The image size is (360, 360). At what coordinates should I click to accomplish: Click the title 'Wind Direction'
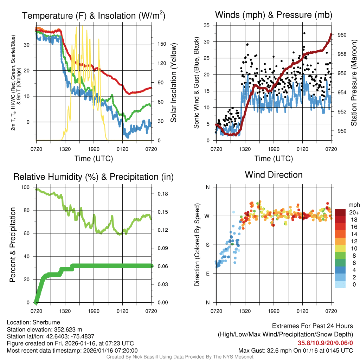[x=274, y=175]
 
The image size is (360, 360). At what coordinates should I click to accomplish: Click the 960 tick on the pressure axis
[x=342, y=35]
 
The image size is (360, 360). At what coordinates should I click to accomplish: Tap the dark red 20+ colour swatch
[x=340, y=212]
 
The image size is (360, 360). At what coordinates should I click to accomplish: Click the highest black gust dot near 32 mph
[x=304, y=33]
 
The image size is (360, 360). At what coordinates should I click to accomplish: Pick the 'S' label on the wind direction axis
[x=207, y=245]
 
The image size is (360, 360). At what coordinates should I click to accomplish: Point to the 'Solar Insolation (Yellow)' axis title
[x=173, y=83]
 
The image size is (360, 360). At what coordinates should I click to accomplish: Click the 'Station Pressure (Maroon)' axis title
[x=354, y=83]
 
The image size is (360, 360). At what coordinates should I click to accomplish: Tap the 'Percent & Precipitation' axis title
[x=13, y=245]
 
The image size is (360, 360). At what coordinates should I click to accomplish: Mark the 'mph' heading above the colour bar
[x=353, y=205]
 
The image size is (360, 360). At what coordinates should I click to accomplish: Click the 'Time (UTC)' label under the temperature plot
[x=94, y=159]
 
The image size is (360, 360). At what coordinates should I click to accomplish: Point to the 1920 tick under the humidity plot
[x=94, y=311]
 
